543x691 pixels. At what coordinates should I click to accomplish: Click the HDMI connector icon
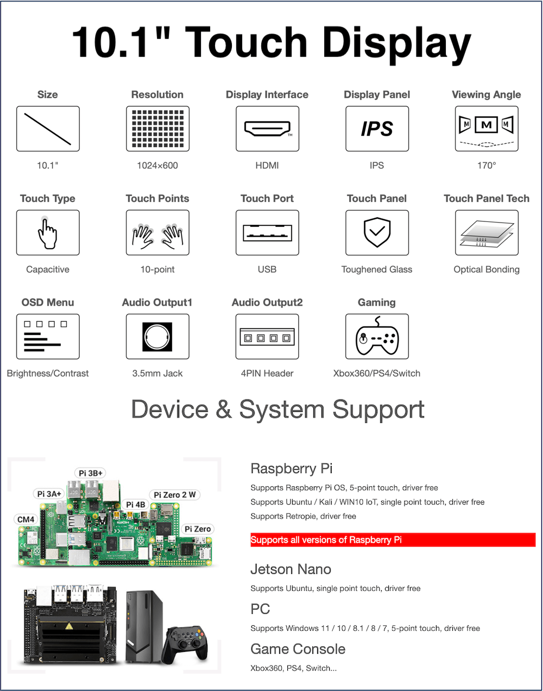[267, 129]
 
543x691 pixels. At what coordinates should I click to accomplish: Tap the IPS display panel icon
[377, 129]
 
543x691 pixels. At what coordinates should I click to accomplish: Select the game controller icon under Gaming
[377, 336]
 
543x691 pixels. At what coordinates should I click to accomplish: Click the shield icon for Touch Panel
[377, 232]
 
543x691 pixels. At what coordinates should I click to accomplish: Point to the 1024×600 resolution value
[157, 166]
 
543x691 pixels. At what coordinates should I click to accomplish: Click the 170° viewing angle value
[487, 166]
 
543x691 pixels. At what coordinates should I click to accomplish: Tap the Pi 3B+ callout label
[90, 473]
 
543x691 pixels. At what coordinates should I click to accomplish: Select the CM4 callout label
[26, 519]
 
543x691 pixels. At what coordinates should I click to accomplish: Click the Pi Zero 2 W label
[175, 495]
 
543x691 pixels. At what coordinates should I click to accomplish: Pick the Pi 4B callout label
[136, 505]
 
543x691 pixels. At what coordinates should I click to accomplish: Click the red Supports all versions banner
[393, 540]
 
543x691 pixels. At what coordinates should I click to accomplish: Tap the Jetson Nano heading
[291, 569]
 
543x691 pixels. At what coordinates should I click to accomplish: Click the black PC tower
[143, 627]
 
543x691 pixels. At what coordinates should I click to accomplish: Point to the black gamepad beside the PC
[186, 645]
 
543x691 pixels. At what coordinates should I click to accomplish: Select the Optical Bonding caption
[487, 269]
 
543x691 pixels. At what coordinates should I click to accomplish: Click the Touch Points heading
[157, 199]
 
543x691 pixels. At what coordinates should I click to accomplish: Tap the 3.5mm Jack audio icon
[157, 337]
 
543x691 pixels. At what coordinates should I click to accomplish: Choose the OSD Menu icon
[48, 336]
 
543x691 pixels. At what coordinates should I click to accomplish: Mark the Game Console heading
[298, 649]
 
